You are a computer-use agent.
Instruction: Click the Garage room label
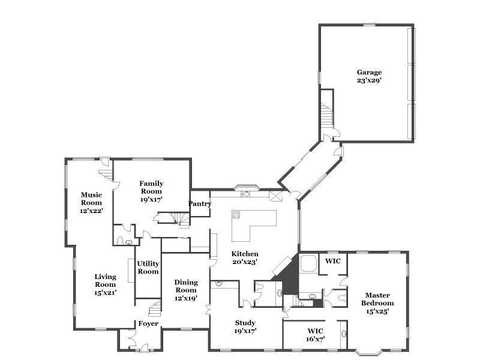pyautogui.click(x=369, y=76)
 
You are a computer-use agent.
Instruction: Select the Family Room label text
pyautogui.click(x=151, y=191)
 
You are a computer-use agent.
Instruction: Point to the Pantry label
pyautogui.click(x=200, y=203)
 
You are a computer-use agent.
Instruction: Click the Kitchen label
pyautogui.click(x=245, y=258)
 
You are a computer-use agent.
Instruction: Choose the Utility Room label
pyautogui.click(x=148, y=268)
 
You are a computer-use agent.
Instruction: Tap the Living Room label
pyautogui.click(x=105, y=284)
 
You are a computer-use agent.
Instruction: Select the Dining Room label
pyautogui.click(x=185, y=290)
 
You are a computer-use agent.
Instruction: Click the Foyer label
pyautogui.click(x=148, y=323)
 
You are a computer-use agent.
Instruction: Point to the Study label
pyautogui.click(x=245, y=327)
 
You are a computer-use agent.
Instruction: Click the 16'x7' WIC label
pyautogui.click(x=316, y=335)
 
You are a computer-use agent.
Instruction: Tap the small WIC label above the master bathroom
pyautogui.click(x=333, y=261)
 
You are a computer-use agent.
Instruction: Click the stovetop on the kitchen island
pyautogui.click(x=236, y=215)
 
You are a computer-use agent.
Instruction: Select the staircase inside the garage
pyautogui.click(x=326, y=114)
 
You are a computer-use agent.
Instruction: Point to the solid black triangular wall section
pyautogui.click(x=289, y=276)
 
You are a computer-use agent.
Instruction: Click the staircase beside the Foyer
pyautogui.click(x=155, y=308)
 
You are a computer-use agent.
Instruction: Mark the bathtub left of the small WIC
pyautogui.click(x=308, y=263)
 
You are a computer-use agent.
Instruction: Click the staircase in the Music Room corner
pyautogui.click(x=106, y=173)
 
